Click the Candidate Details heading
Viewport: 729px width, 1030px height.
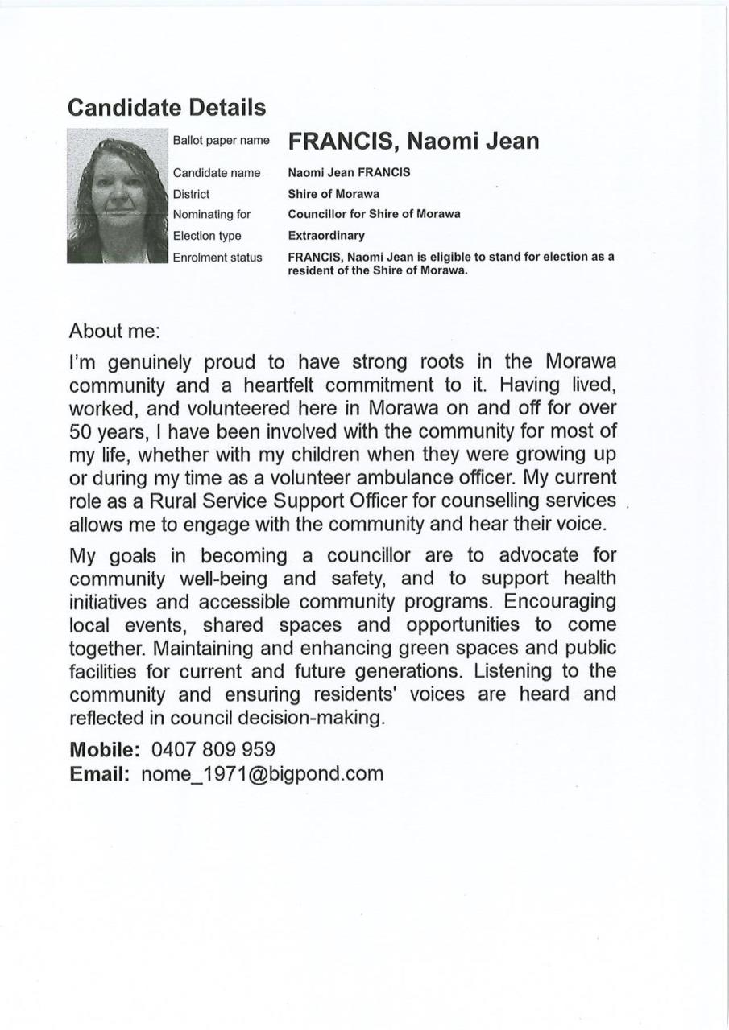[x=167, y=107]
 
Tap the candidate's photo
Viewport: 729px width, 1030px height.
[x=118, y=196]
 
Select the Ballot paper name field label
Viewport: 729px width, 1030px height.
[x=222, y=141]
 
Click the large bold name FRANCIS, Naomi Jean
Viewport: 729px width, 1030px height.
[x=413, y=142]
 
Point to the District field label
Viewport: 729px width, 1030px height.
[x=191, y=194]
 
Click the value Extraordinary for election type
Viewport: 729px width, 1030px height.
[x=326, y=236]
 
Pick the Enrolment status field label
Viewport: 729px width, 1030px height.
[x=217, y=257]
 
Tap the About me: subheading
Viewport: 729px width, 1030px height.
[x=114, y=330]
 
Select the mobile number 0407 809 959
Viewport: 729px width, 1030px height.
[x=213, y=749]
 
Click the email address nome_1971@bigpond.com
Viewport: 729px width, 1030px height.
[x=263, y=774]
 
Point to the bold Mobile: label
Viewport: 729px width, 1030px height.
[x=106, y=749]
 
